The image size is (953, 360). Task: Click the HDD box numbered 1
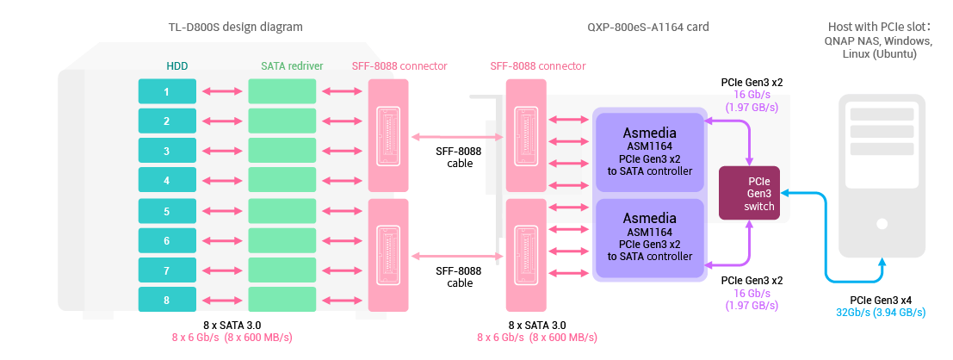(x=167, y=91)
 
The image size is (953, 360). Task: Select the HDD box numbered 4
(x=167, y=181)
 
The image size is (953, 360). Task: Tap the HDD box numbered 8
(x=167, y=300)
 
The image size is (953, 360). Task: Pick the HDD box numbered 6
(x=167, y=241)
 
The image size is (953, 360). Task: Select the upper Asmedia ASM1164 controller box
(x=649, y=152)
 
